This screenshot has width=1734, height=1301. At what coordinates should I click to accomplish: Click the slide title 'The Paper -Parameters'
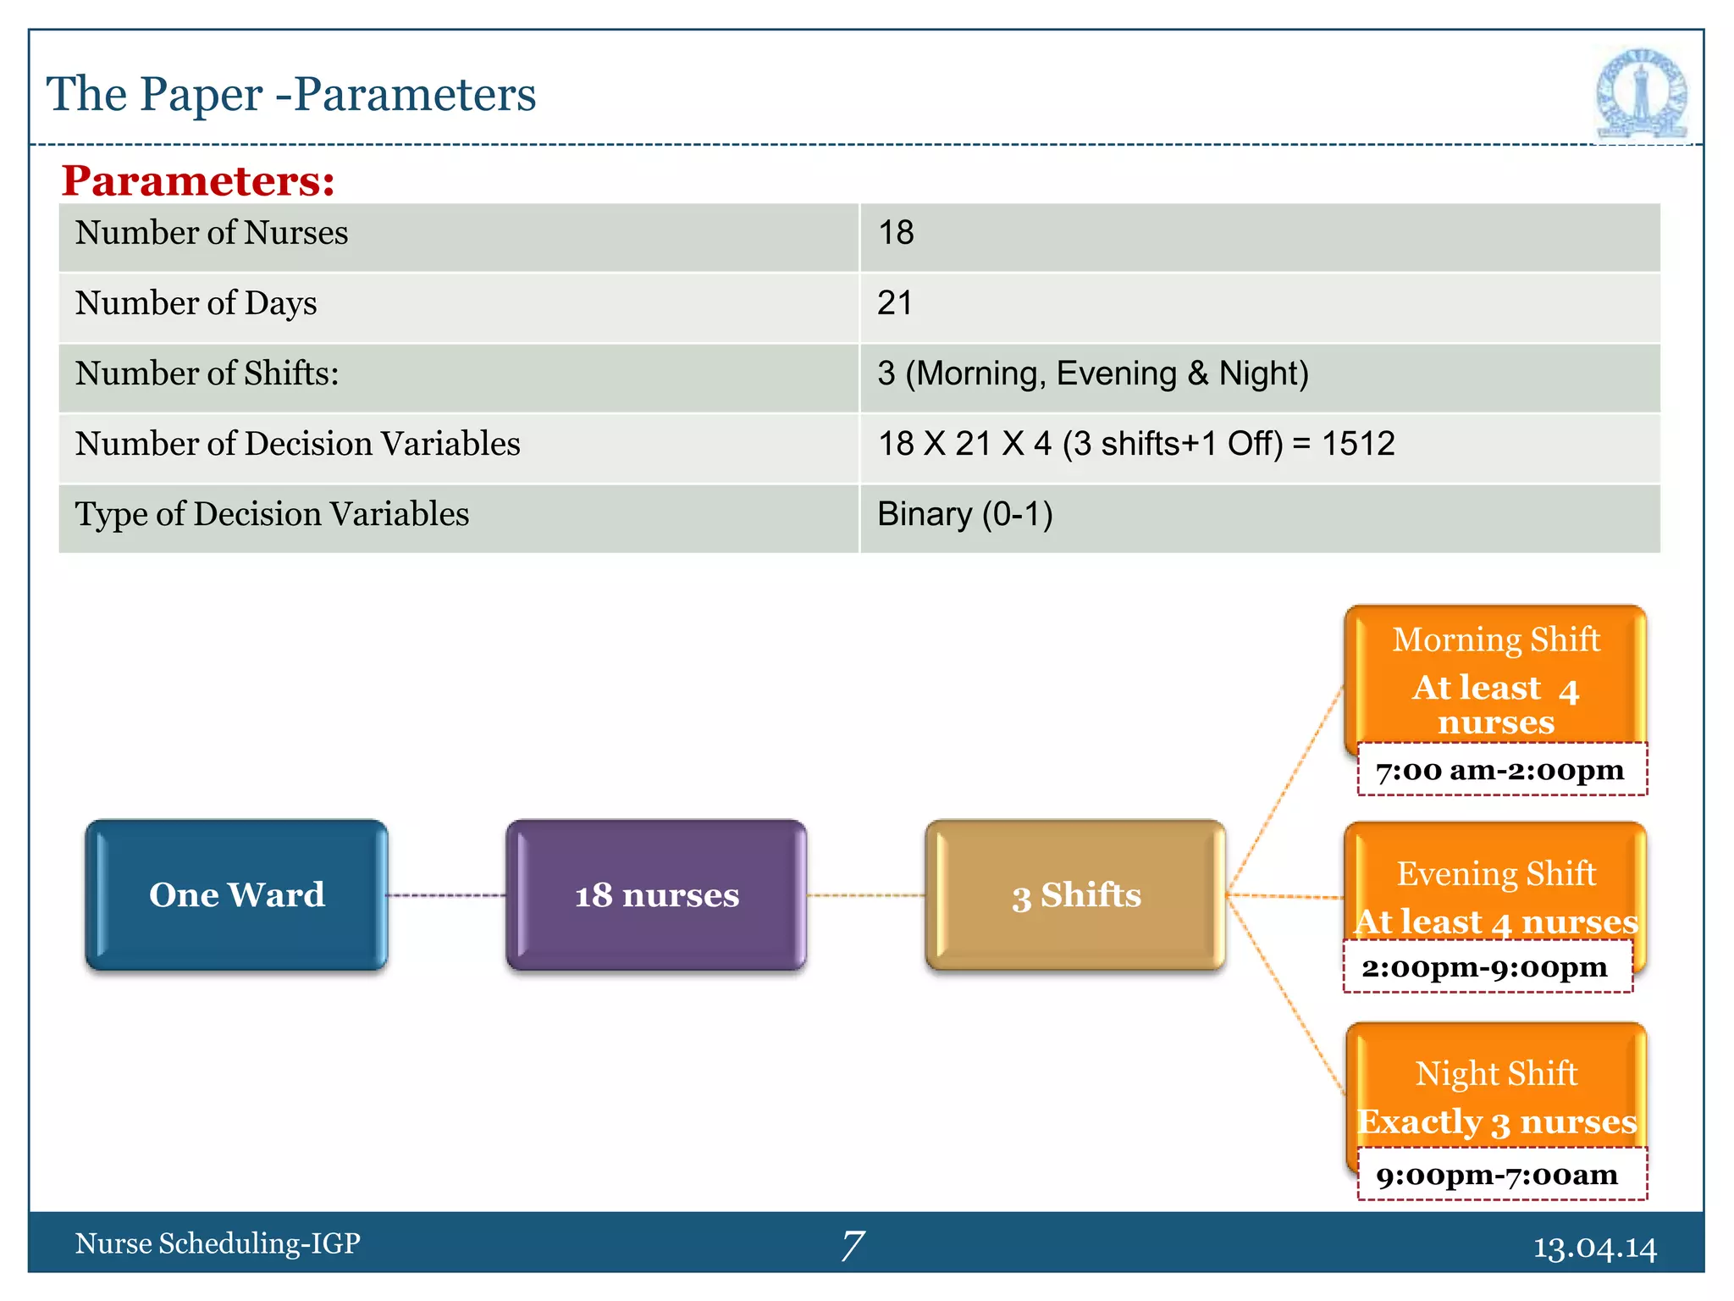[x=290, y=94]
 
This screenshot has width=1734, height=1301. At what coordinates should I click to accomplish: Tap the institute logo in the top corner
[x=1641, y=94]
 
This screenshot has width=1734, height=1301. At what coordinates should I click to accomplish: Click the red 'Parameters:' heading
[x=198, y=180]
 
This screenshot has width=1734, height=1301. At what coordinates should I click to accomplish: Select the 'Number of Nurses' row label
[x=212, y=233]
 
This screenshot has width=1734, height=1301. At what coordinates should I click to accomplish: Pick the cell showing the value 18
[x=896, y=233]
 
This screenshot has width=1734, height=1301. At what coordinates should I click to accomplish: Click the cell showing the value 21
[x=895, y=303]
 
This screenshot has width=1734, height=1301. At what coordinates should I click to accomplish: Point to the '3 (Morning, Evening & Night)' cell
[x=1092, y=374]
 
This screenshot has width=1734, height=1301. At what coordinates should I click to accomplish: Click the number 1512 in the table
[x=1357, y=444]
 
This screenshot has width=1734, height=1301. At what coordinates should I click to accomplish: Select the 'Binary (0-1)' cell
[x=964, y=514]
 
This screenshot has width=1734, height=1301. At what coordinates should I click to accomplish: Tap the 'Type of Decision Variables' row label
[x=272, y=514]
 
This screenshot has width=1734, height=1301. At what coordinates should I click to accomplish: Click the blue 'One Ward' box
[x=236, y=894]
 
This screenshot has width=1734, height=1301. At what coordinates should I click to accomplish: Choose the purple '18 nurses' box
[x=656, y=894]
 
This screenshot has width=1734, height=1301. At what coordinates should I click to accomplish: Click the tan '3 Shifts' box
[x=1075, y=894]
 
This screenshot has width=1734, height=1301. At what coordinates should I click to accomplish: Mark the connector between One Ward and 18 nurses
[x=446, y=895]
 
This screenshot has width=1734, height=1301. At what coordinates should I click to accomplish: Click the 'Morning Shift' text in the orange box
[x=1495, y=639]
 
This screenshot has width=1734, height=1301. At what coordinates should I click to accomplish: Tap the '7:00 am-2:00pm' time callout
[x=1500, y=770]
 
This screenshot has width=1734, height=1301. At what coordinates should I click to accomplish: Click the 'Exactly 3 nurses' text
[x=1496, y=1121]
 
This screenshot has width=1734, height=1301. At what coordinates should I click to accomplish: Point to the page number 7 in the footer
[x=853, y=1245]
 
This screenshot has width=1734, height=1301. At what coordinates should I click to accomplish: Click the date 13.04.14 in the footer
[x=1594, y=1248]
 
